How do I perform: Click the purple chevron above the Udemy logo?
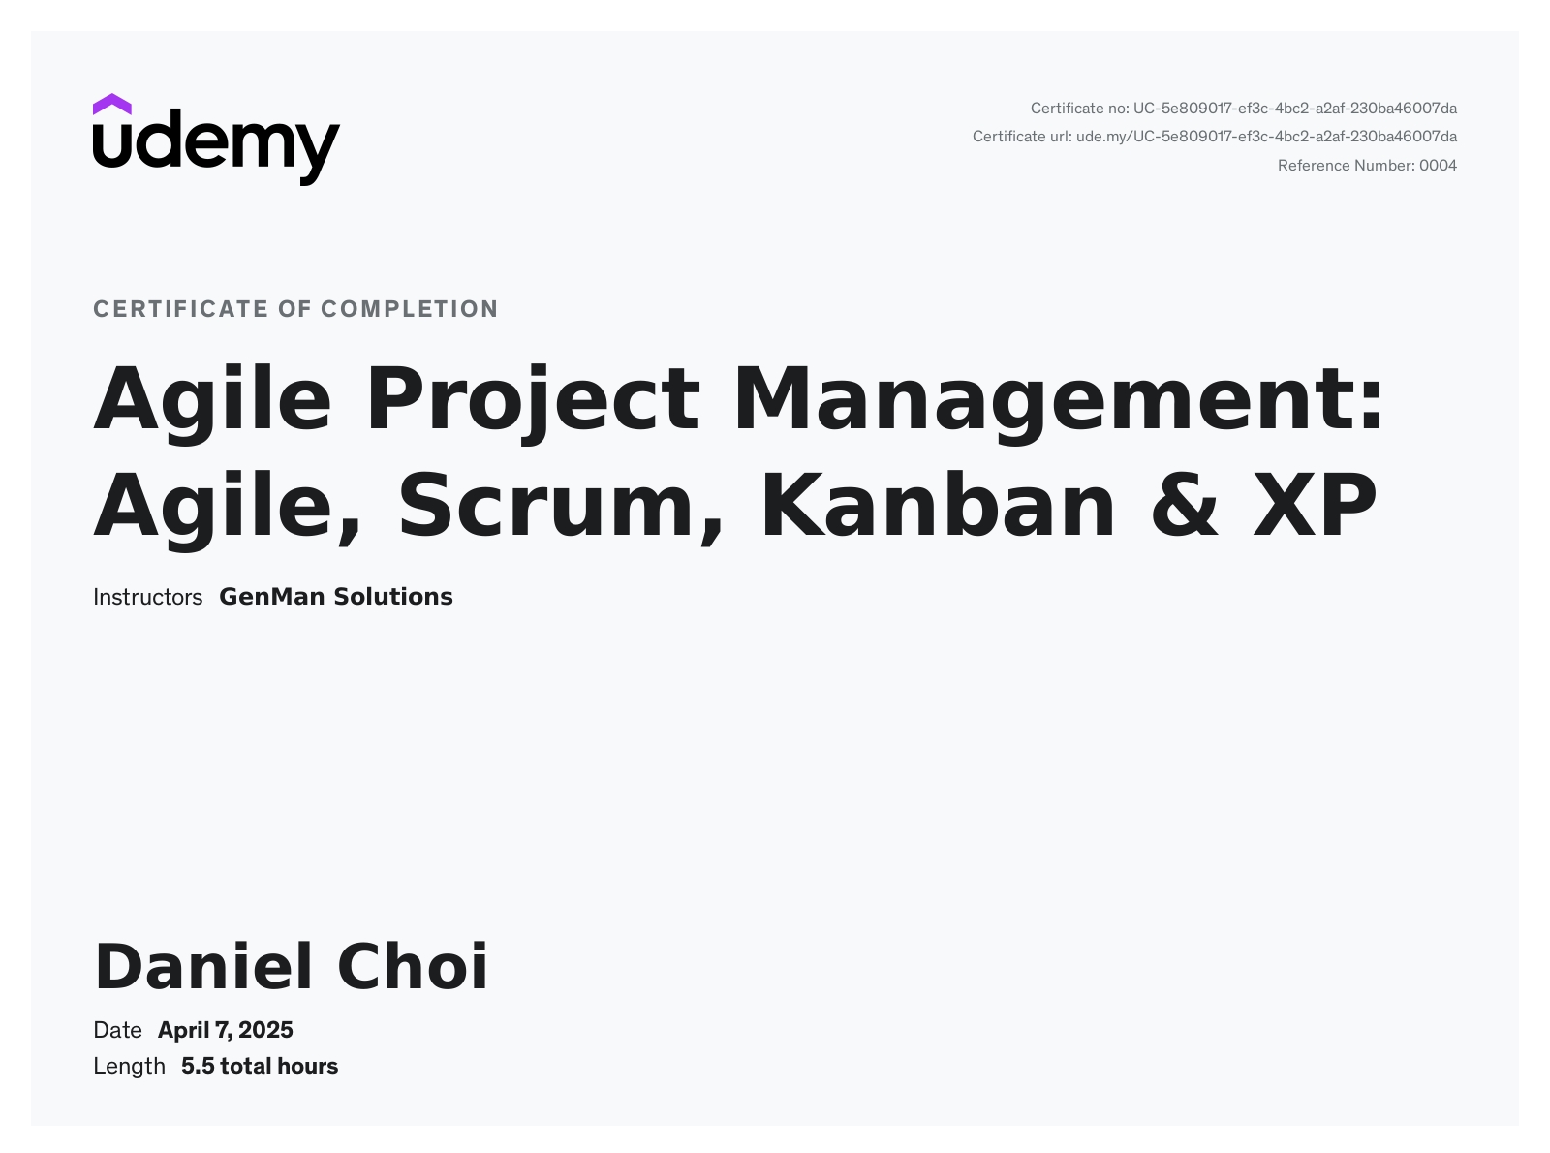[x=111, y=105]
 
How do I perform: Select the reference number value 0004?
[x=1438, y=166]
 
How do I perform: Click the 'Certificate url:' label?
[x=1022, y=137]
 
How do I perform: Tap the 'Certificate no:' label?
[x=1080, y=109]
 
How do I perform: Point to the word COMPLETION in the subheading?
[x=410, y=309]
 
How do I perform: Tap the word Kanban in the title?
[x=937, y=505]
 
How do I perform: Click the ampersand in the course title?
[x=1184, y=505]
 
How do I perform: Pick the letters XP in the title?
[x=1315, y=505]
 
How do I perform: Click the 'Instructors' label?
[x=147, y=597]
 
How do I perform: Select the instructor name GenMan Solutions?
[x=336, y=597]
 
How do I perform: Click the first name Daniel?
[x=203, y=966]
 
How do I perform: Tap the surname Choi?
[x=413, y=966]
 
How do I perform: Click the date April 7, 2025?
[x=225, y=1030]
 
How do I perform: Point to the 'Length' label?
[x=129, y=1067]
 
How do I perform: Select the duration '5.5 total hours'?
[x=260, y=1067]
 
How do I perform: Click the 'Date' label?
[x=117, y=1030]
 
